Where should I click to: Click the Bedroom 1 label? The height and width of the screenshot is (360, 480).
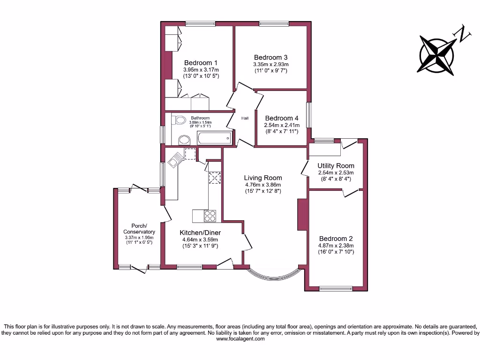click(201, 63)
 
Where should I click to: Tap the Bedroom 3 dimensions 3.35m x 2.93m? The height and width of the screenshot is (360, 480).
click(270, 64)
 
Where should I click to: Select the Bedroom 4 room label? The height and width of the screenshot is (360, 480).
click(281, 119)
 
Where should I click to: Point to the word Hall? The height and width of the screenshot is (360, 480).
click(245, 119)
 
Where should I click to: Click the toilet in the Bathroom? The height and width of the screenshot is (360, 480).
click(179, 120)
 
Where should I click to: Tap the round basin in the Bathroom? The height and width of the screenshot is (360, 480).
click(184, 140)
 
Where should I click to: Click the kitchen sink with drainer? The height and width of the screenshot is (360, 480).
click(175, 160)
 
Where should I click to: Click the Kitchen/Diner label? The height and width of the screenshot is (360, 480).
click(200, 232)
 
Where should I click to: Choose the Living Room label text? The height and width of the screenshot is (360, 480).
click(263, 178)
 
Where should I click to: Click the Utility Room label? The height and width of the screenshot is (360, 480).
click(336, 166)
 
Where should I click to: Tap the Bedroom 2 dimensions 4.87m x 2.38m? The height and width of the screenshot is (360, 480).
click(335, 246)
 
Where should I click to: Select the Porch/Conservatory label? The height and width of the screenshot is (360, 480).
click(139, 228)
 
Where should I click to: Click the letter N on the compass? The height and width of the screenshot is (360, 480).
click(464, 35)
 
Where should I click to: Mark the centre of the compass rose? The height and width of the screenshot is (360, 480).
click(437, 55)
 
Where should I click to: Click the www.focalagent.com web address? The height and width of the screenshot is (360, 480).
click(240, 339)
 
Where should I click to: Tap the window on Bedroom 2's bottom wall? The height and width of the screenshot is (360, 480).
click(336, 288)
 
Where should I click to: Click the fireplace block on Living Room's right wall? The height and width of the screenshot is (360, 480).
click(302, 214)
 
